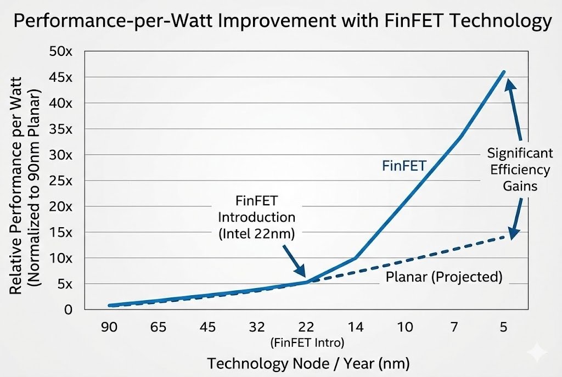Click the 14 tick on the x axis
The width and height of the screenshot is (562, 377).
356,327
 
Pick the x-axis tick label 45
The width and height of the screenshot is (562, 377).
208,327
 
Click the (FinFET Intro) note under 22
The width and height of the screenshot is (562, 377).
307,342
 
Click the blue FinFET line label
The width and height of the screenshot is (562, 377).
404,165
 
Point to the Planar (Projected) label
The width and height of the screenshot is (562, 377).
444,277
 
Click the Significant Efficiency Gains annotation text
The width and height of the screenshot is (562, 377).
519,170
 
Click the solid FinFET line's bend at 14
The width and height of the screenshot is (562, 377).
356,257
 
